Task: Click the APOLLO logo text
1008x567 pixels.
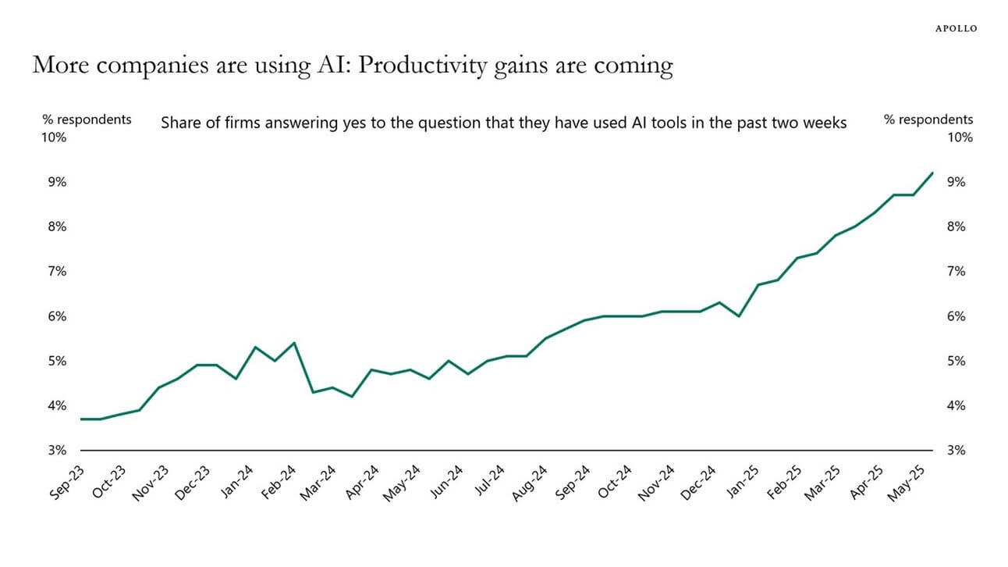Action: pos(956,28)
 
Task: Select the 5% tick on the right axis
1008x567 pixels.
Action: pos(956,361)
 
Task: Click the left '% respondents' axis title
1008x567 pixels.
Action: pos(87,119)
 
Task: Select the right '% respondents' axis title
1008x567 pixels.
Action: pos(928,119)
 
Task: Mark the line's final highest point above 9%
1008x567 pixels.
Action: pos(932,173)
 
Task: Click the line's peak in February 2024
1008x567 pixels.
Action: pos(293,343)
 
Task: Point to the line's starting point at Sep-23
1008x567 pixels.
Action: pos(81,419)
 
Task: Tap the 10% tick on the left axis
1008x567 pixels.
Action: pos(55,137)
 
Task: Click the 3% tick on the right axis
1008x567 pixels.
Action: pos(956,451)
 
